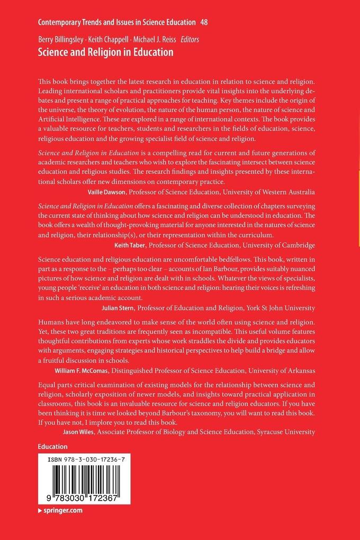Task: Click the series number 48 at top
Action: [x=204, y=22]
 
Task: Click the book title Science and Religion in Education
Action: [x=106, y=52]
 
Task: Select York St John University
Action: [x=277, y=308]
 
